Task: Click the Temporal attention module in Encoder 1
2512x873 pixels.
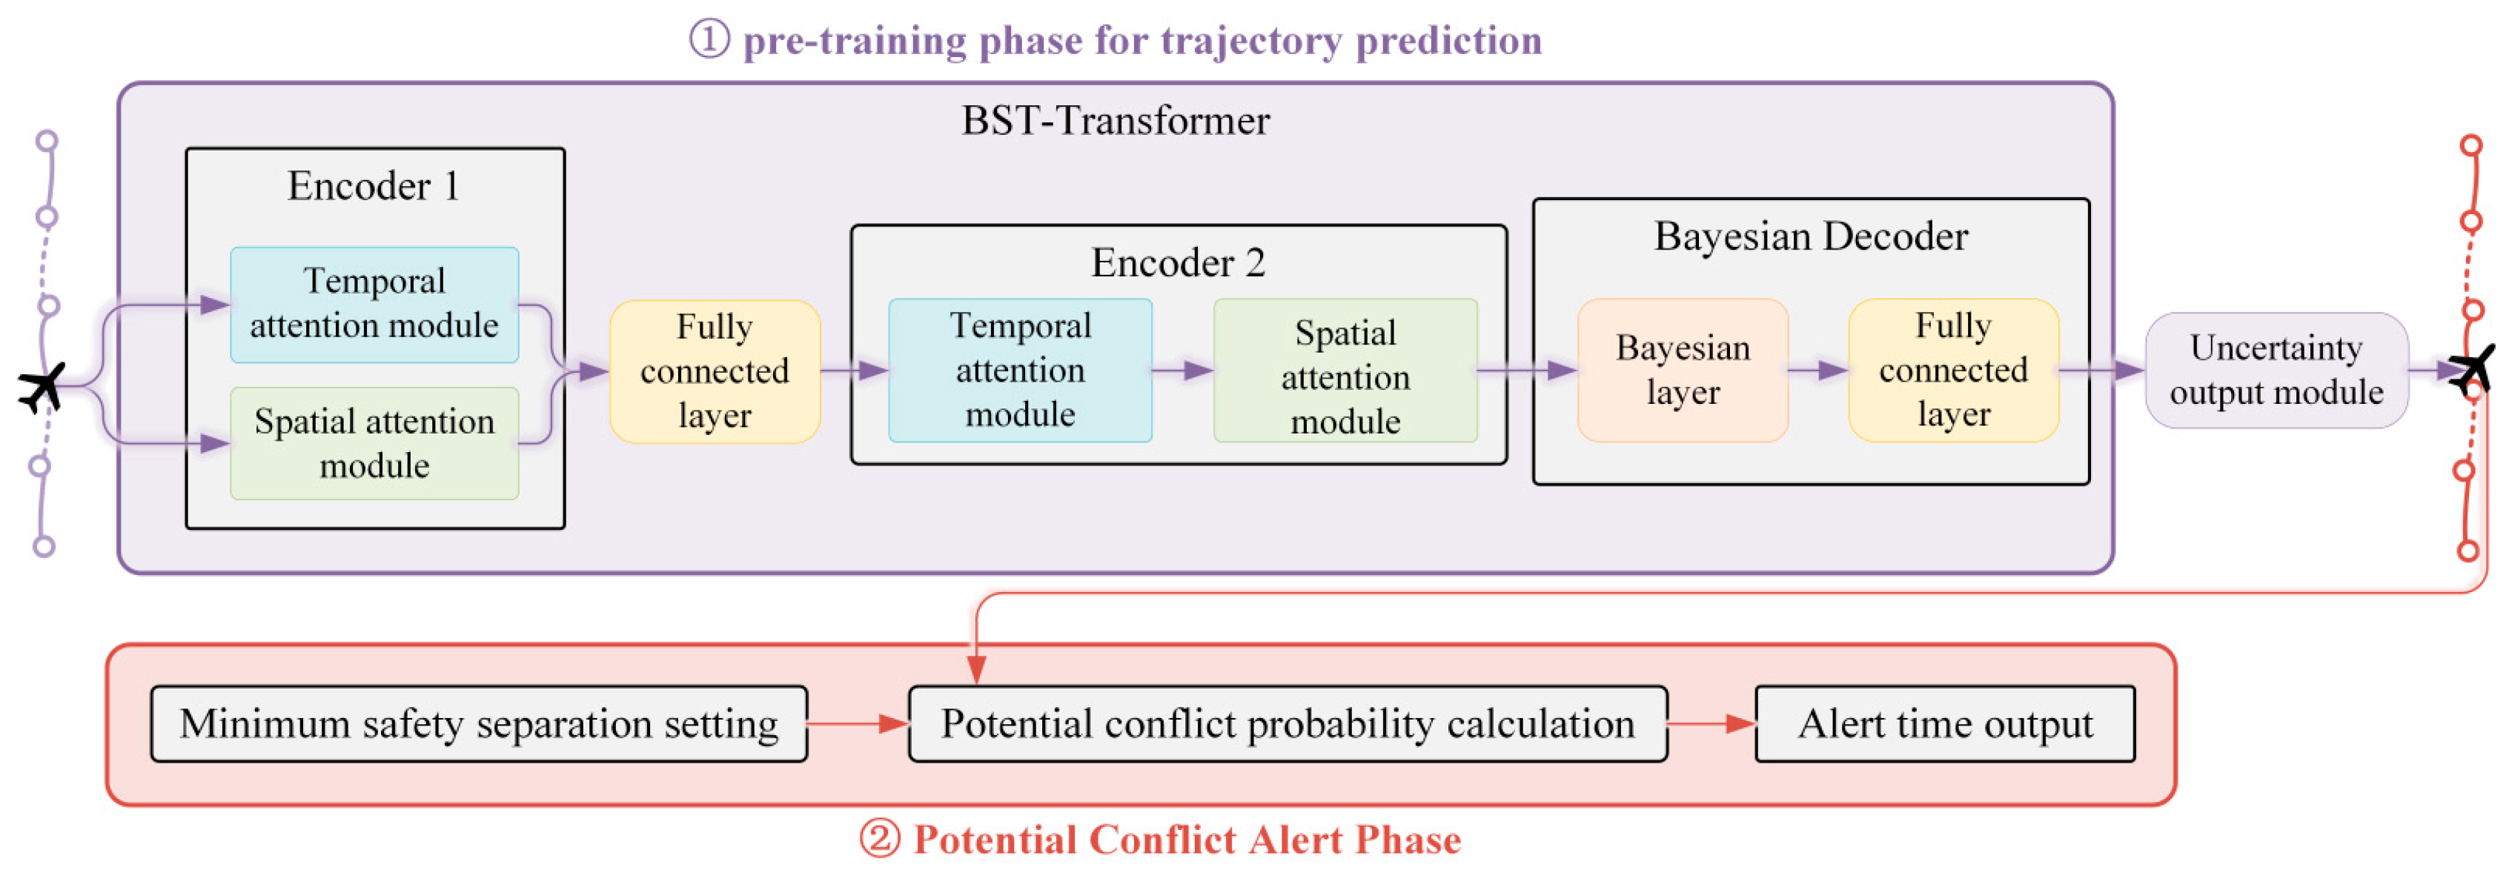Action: (x=374, y=305)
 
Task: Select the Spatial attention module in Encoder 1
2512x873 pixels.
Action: (x=374, y=444)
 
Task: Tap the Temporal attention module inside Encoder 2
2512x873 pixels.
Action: (x=1020, y=371)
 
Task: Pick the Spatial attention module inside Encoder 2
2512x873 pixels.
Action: (x=1346, y=371)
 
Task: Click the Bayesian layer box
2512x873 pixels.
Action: (x=1683, y=371)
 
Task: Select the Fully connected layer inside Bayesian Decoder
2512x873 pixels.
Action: (x=1953, y=371)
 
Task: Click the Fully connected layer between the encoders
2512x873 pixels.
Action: (x=715, y=371)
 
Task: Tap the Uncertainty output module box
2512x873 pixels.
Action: (x=2277, y=371)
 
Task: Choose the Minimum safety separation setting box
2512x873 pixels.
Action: (x=479, y=724)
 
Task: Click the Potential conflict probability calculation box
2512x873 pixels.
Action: (x=1288, y=724)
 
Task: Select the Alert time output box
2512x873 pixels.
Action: (x=1946, y=724)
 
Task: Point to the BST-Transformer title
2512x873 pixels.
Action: (x=1116, y=121)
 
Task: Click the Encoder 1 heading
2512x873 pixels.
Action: (x=374, y=185)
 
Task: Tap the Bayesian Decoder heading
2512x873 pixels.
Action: (x=1811, y=237)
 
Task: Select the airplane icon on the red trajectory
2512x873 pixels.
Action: (x=2472, y=370)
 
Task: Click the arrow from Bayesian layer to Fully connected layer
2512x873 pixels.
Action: (x=1819, y=371)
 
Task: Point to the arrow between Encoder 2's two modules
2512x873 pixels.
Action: (x=1183, y=371)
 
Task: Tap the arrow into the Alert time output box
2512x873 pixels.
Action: (x=1712, y=724)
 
